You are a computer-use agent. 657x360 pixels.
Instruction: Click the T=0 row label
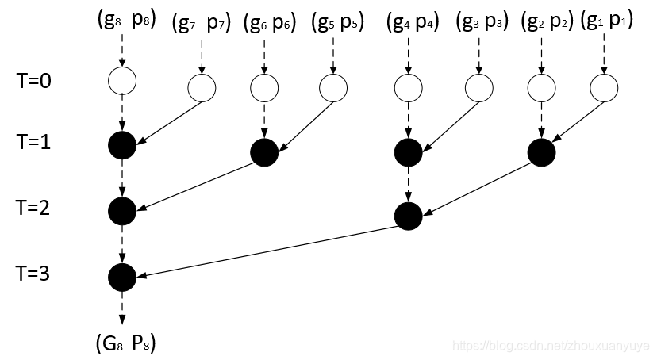coord(33,80)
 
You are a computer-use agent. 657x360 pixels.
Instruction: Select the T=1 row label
coord(33,142)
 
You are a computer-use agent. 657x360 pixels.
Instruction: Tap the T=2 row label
coord(33,208)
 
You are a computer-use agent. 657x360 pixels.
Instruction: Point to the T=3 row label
coord(33,274)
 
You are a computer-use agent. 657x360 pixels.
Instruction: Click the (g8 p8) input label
coord(126,20)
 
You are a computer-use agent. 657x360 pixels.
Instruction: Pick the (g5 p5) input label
coord(338,21)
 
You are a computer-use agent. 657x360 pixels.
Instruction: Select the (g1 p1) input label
coord(607,21)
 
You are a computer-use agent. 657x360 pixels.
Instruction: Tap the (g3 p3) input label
coord(482,21)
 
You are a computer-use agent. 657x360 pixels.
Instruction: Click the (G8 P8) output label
coord(125,343)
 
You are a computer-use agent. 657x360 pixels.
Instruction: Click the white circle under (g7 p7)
coord(202,88)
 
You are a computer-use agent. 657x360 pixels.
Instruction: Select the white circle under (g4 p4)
coord(408,88)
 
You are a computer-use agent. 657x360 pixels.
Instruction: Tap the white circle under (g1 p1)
coord(604,88)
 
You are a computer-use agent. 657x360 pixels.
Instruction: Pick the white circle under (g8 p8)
coord(122,81)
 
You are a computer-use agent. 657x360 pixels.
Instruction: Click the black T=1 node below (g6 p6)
coord(264,152)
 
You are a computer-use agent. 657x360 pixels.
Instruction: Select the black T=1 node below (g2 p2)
coord(541,152)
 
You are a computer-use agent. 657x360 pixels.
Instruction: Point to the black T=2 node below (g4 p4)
coord(409,216)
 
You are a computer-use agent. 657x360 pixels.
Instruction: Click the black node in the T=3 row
coord(122,277)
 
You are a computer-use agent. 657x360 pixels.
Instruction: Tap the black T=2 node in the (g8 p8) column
coord(122,212)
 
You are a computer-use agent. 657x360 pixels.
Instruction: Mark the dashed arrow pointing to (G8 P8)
coord(122,308)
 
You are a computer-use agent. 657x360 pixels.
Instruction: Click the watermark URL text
coord(551,346)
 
